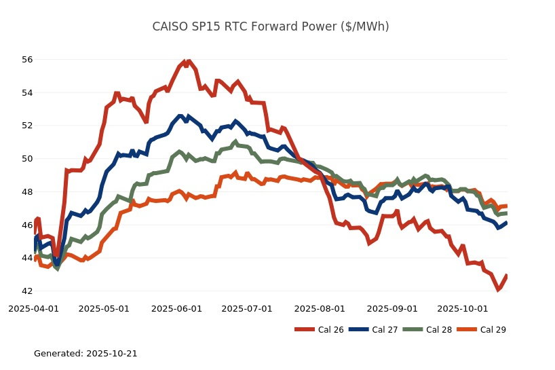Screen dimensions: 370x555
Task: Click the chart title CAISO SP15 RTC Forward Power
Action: [271, 26]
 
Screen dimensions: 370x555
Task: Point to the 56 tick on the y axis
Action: [27, 60]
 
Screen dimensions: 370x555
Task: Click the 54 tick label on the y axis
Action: [27, 92]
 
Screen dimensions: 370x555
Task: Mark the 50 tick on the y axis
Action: [27, 159]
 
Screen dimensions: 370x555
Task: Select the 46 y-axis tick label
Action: [27, 225]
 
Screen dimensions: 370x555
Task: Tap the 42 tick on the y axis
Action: [27, 291]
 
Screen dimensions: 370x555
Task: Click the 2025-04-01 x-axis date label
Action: [33, 309]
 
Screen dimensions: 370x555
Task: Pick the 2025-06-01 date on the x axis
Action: [176, 309]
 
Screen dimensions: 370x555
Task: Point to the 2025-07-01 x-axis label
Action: [247, 309]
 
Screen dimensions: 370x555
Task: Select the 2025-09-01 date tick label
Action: [391, 309]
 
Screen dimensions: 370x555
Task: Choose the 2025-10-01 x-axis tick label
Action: [462, 309]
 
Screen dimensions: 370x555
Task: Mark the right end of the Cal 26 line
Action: [507, 276]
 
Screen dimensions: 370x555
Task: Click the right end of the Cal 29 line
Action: [507, 206]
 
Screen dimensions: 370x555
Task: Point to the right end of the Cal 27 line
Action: [507, 222]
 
